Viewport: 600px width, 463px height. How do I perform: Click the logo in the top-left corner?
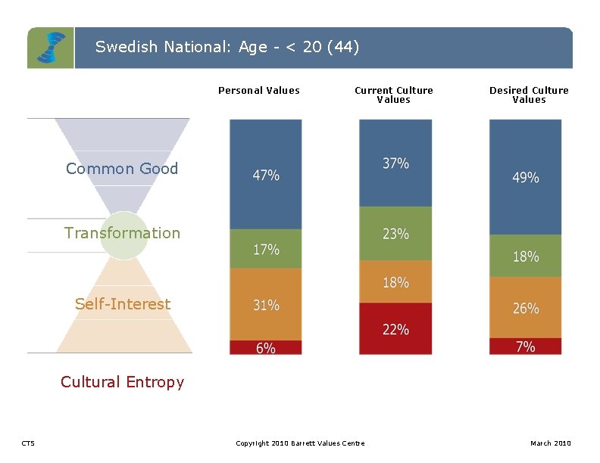(51, 48)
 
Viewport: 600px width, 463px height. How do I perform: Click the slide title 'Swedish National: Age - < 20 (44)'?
(227, 47)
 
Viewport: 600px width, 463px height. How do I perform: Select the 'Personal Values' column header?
(259, 91)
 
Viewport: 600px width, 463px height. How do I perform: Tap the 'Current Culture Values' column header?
(394, 95)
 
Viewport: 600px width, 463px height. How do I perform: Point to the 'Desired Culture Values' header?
(529, 95)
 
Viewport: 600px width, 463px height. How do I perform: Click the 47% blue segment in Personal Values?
(266, 175)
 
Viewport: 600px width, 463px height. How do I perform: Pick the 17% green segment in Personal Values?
(266, 249)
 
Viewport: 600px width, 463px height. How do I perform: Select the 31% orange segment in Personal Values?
(266, 305)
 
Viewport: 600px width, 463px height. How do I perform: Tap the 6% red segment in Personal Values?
(266, 347)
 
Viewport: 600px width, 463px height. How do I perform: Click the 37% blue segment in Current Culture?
(395, 163)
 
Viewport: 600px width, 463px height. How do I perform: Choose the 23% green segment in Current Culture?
(395, 234)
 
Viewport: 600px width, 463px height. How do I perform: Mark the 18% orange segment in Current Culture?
(395, 282)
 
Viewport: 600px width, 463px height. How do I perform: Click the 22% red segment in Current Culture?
(395, 329)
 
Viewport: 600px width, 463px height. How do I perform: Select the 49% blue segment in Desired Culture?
(526, 177)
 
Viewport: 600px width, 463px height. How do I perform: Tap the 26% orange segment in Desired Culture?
(526, 308)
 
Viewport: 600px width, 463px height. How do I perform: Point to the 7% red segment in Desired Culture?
(526, 346)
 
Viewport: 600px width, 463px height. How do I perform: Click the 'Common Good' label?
(122, 169)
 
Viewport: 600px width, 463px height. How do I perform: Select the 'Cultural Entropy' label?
(122, 382)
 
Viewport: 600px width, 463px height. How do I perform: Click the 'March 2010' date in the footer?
(551, 443)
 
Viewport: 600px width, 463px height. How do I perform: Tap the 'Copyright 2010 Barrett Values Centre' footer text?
(300, 443)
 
